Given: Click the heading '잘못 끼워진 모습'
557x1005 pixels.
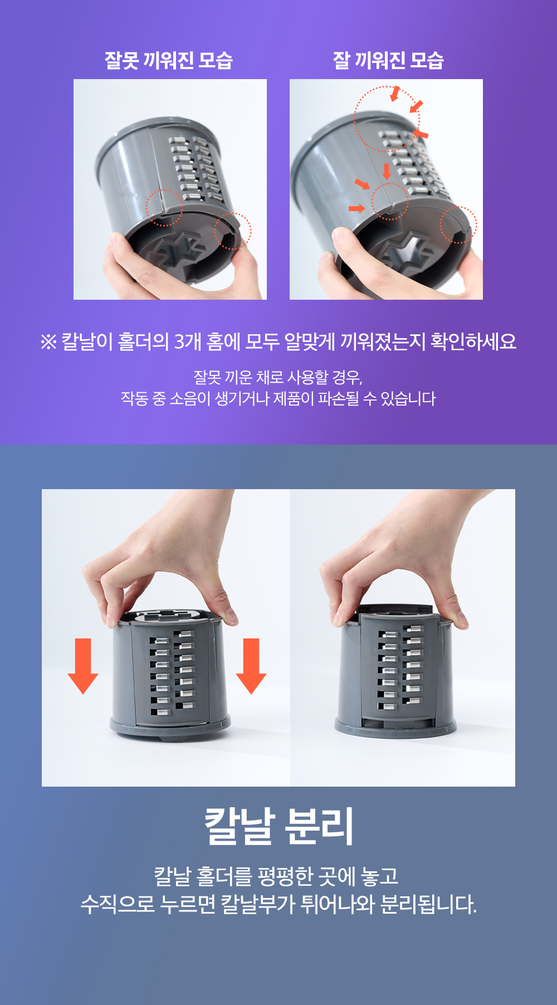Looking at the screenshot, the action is click(169, 60).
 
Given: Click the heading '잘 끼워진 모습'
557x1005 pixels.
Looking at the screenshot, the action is click(388, 60).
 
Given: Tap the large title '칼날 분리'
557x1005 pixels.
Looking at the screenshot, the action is click(278, 826).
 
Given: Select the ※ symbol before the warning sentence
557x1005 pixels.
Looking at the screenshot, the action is click(48, 341).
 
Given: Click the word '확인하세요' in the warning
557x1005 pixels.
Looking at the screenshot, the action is click(473, 341).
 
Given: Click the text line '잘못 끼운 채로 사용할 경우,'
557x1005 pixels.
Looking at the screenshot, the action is click(278, 378).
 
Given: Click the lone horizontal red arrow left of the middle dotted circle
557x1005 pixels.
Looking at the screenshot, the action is click(356, 208).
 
